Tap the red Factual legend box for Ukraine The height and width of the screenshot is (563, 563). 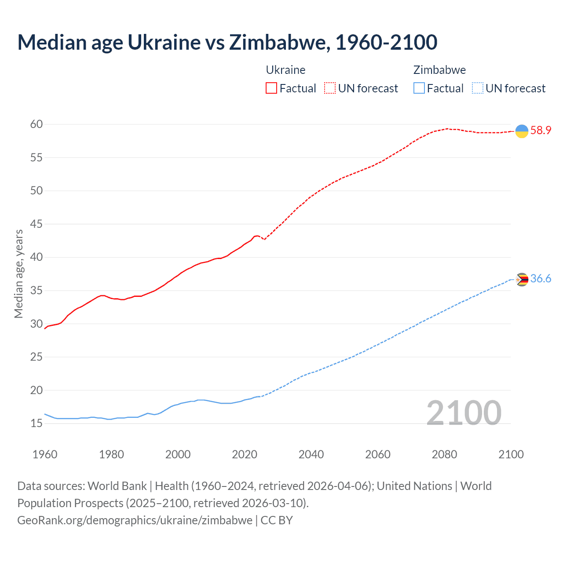pyautogui.click(x=271, y=88)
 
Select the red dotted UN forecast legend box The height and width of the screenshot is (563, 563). pyautogui.click(x=330, y=88)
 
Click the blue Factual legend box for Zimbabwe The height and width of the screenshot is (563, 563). pyautogui.click(x=419, y=88)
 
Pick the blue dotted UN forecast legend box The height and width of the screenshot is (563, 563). pyautogui.click(x=477, y=88)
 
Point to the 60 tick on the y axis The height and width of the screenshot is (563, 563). pyautogui.click(x=37, y=124)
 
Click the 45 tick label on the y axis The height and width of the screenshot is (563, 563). pyautogui.click(x=37, y=224)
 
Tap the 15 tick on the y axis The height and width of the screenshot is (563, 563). pyautogui.click(x=37, y=424)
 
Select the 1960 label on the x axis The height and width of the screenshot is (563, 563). pyautogui.click(x=45, y=454)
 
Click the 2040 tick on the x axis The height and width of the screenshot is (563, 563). pyautogui.click(x=311, y=454)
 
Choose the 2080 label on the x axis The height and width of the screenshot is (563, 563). pyautogui.click(x=444, y=454)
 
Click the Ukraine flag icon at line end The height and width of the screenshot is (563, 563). pyautogui.click(x=522, y=131)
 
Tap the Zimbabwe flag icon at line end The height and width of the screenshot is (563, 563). pyautogui.click(x=522, y=279)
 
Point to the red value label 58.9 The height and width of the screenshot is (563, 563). pyautogui.click(x=541, y=131)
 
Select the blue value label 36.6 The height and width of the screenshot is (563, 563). pyautogui.click(x=541, y=279)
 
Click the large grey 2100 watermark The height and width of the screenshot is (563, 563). pyautogui.click(x=464, y=413)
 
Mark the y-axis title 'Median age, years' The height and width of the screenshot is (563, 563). pyautogui.click(x=18, y=274)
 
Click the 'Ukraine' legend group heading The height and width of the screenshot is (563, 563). pyautogui.click(x=285, y=70)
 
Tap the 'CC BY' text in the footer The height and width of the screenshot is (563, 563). pyautogui.click(x=277, y=520)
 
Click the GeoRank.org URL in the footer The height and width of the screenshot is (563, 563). pyautogui.click(x=135, y=520)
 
